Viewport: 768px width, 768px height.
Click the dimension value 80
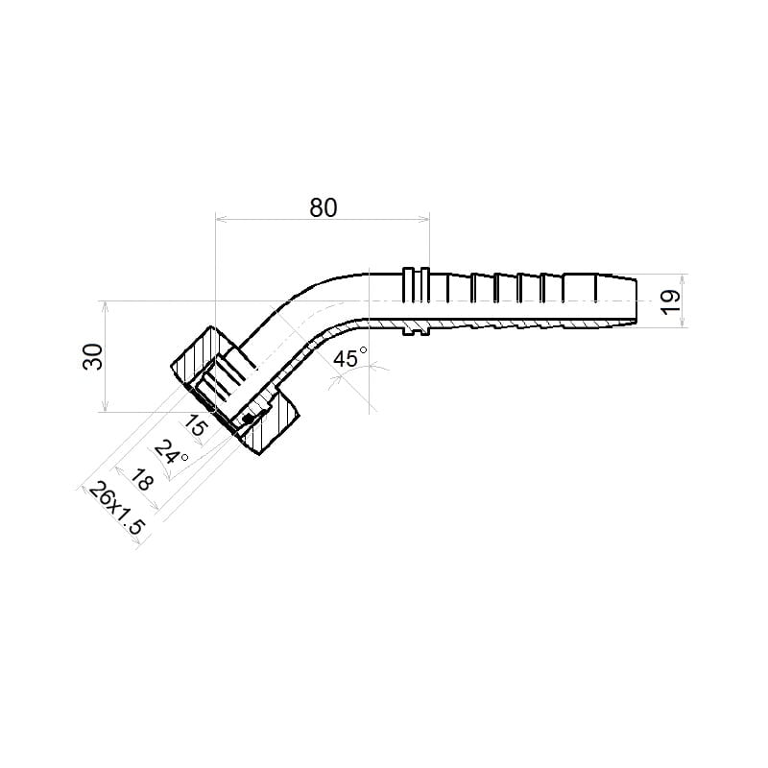coord(324,207)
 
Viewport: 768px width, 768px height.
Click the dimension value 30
coord(93,356)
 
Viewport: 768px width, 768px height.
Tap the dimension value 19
coord(671,302)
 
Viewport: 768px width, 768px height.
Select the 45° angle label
coord(349,357)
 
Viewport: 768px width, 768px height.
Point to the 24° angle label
coord(171,453)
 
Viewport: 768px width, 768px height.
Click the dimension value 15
coord(196,425)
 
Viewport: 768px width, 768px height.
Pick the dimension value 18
coord(142,479)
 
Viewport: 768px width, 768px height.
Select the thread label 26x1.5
coord(117,509)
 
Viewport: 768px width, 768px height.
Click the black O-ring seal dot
coord(248,419)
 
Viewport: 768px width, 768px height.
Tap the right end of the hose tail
coord(636,301)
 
